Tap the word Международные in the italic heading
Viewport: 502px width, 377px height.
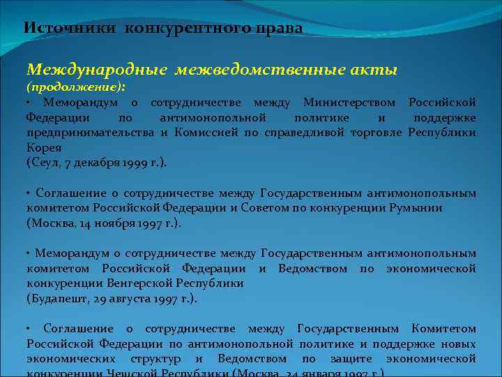coord(97,71)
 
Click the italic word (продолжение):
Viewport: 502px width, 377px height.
coord(76,88)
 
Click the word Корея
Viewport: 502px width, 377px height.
coord(45,147)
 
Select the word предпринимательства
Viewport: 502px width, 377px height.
coord(90,133)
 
